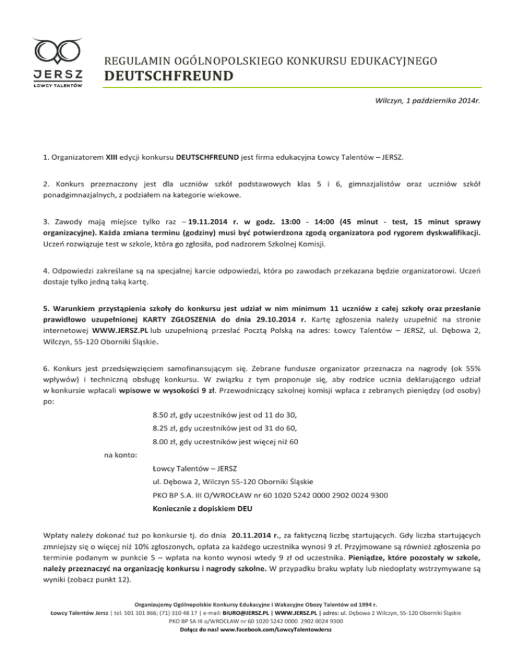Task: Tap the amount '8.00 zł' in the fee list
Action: [x=166, y=458]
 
